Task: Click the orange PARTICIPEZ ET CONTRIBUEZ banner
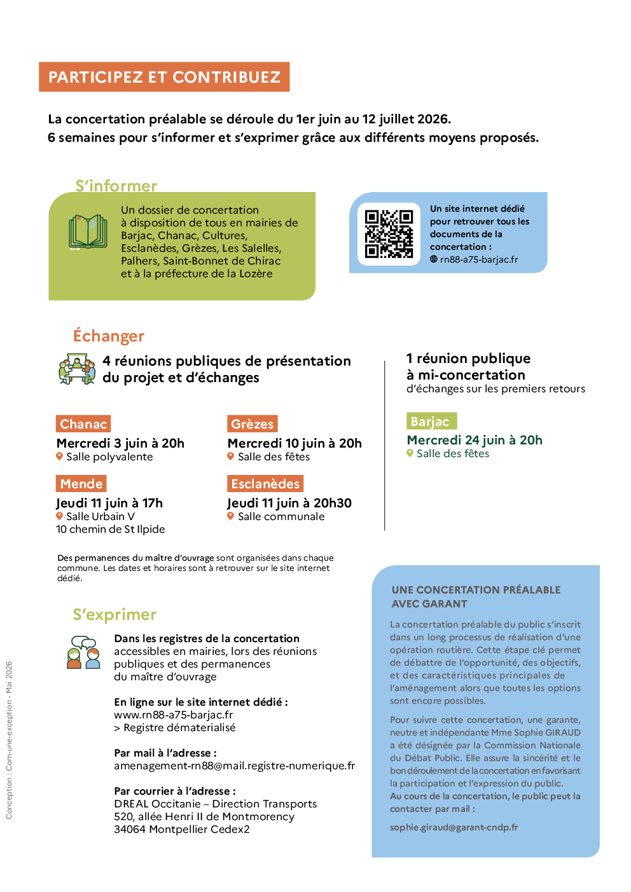pyautogui.click(x=164, y=77)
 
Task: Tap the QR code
pyautogui.click(x=389, y=234)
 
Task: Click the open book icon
pyautogui.click(x=88, y=231)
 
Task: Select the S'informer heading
pyautogui.click(x=116, y=186)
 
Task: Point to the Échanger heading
pyautogui.click(x=108, y=336)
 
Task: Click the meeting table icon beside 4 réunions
pyautogui.click(x=77, y=369)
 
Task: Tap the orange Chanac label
pyautogui.click(x=83, y=423)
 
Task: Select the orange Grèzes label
pyautogui.click(x=252, y=423)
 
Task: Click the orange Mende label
pyautogui.click(x=81, y=483)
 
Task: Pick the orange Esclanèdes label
pyautogui.click(x=265, y=483)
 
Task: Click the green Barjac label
pyautogui.click(x=431, y=421)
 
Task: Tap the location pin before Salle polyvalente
pyautogui.click(x=59, y=456)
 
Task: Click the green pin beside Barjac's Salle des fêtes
pyautogui.click(x=410, y=453)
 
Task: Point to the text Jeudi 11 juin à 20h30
pyautogui.click(x=289, y=503)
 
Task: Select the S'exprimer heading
pyautogui.click(x=114, y=614)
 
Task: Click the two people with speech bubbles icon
pyautogui.click(x=84, y=652)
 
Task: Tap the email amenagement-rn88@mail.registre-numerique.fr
pyautogui.click(x=234, y=765)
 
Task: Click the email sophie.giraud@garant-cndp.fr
pyautogui.click(x=454, y=827)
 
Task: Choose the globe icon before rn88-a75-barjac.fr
pyautogui.click(x=433, y=259)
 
